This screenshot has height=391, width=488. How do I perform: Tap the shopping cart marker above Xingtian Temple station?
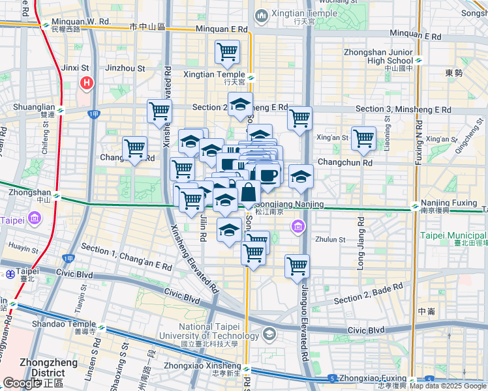pyautogui.click(x=227, y=52)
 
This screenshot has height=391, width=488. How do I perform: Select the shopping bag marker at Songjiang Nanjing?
pyautogui.click(x=249, y=194)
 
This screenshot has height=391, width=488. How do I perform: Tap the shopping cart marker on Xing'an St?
pyautogui.click(x=363, y=138)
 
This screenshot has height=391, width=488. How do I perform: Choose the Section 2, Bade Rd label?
pyautogui.click(x=369, y=295)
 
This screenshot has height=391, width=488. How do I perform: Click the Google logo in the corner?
pyautogui.click(x=21, y=384)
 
